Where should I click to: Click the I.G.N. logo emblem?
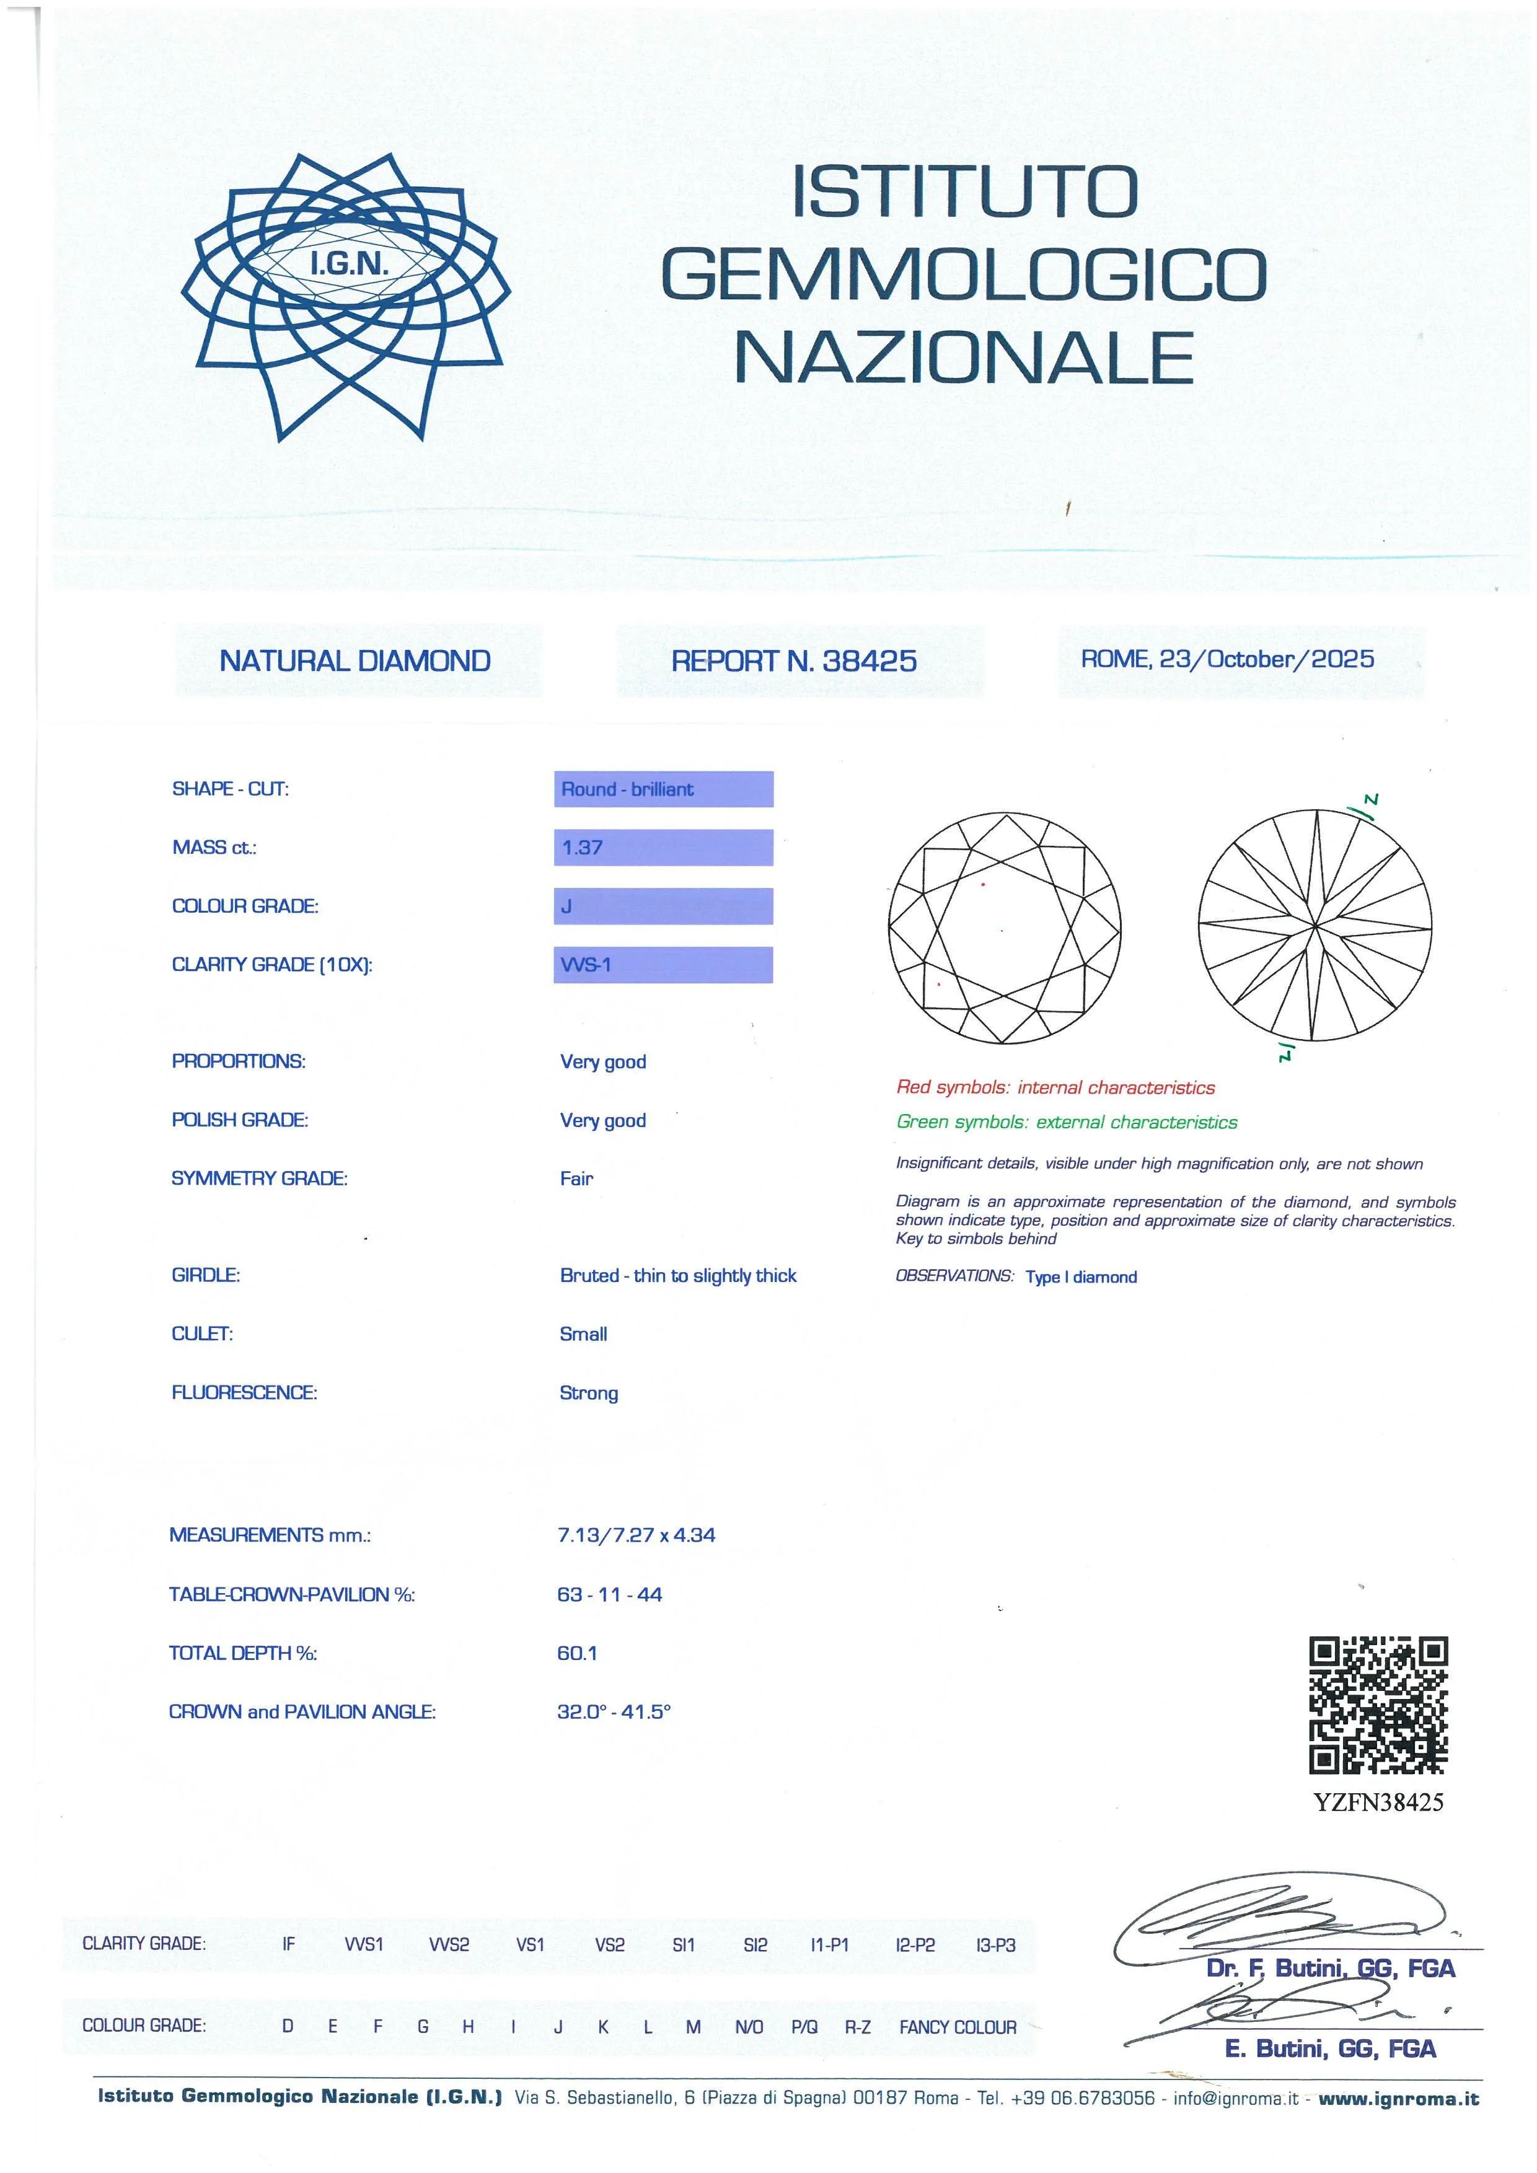[345, 296]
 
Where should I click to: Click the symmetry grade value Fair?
[576, 1179]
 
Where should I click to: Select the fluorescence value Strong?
[589, 1392]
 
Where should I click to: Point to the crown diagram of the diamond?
[1004, 928]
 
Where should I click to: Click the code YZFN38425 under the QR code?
[1379, 1802]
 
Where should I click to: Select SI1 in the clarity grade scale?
[684, 1945]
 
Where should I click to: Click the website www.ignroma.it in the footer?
[1398, 2098]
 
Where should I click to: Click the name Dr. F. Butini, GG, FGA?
[1331, 1969]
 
